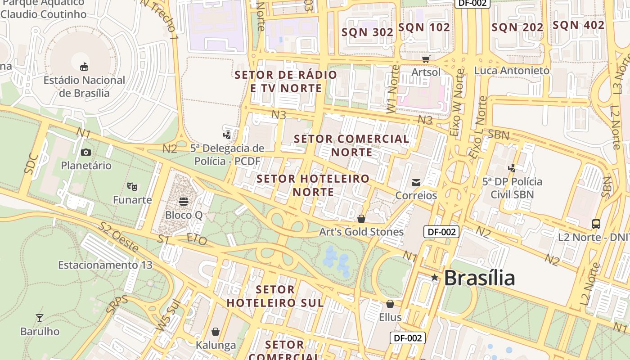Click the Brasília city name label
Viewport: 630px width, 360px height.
tap(479, 278)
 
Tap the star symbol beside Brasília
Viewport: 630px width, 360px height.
tap(434, 278)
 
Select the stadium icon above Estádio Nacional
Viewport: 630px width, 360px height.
tap(84, 67)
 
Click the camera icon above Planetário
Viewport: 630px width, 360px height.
tap(86, 152)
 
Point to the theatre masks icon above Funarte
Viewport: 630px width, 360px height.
tap(132, 185)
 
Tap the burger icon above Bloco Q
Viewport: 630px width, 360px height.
tap(183, 201)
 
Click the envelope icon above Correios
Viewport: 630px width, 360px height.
tap(416, 182)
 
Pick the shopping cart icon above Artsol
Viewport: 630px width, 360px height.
tap(426, 58)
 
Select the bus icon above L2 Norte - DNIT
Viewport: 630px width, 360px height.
tap(596, 224)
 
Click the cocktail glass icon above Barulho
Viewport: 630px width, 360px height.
tap(40, 318)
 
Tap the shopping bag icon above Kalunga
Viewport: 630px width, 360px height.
tap(216, 332)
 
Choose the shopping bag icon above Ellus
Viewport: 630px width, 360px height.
tap(390, 304)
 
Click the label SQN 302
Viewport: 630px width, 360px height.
tap(367, 32)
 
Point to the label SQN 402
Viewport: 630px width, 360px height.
tap(578, 25)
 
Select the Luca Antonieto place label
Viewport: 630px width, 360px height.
tap(512, 71)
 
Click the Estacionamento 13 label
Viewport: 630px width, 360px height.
tap(105, 265)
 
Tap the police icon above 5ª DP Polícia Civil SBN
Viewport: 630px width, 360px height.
tap(512, 168)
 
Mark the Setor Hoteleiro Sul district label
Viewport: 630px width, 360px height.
tap(275, 296)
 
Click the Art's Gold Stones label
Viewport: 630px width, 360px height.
tap(361, 232)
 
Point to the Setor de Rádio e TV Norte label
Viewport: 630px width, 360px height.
tap(286, 81)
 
